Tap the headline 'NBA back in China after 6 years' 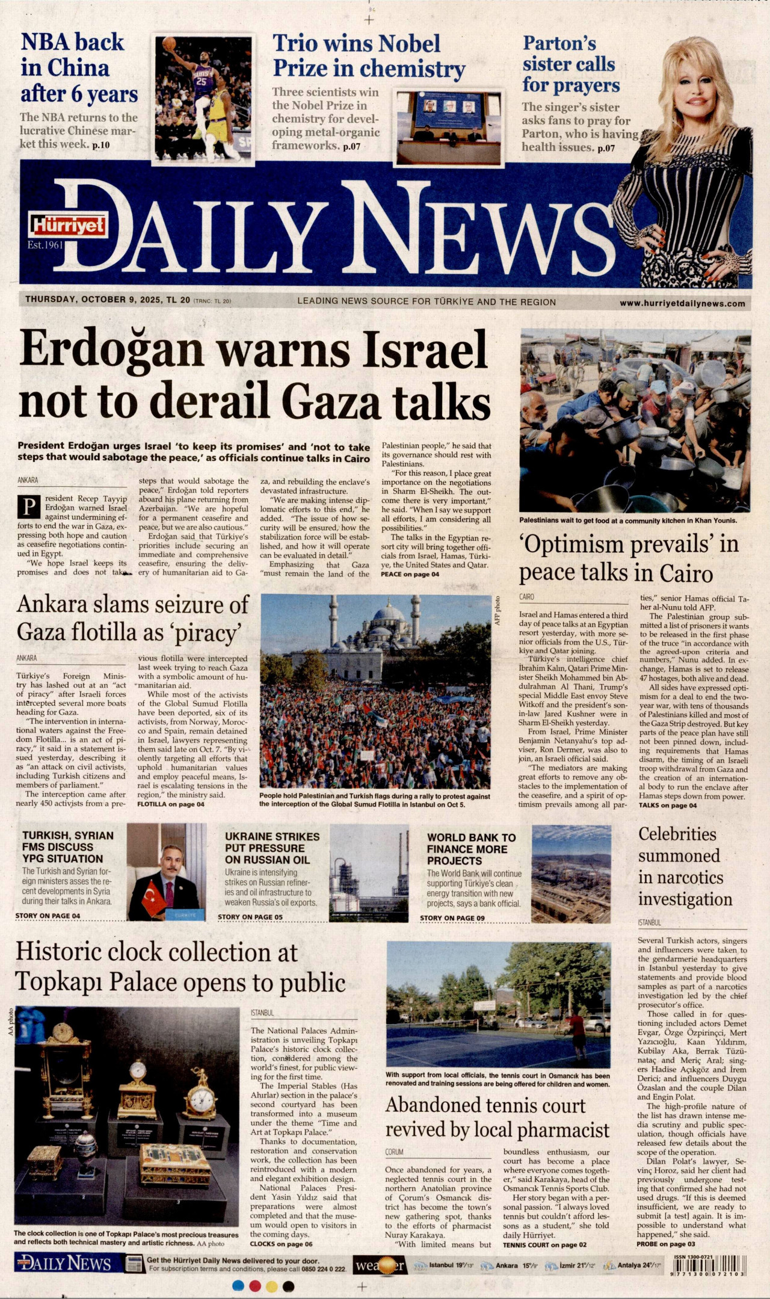click(78, 68)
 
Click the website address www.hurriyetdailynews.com click(682, 304)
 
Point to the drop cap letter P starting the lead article click(29, 507)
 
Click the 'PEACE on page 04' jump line click(410, 574)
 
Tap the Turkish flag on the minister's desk click(153, 895)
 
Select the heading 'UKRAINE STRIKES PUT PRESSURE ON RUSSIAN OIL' click(272, 848)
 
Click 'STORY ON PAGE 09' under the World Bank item click(452, 918)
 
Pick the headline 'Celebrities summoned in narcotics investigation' click(685, 867)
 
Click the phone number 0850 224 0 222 click(324, 1269)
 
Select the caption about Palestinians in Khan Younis click(627, 520)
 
